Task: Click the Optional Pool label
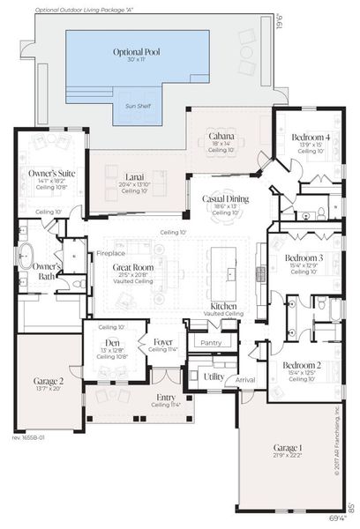[x=134, y=52]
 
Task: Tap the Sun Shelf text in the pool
[x=140, y=105]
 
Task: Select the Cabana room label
[x=221, y=137]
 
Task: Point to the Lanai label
[x=134, y=175]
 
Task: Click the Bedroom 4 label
[x=311, y=137]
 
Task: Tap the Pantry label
[x=212, y=342]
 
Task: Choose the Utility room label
[x=213, y=376]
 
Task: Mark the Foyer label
[x=163, y=341]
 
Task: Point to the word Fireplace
[x=112, y=253]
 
